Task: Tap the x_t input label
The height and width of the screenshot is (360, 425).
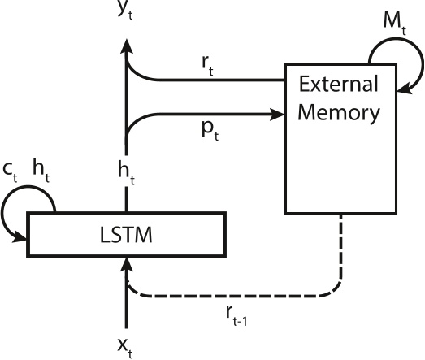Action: pos(124,346)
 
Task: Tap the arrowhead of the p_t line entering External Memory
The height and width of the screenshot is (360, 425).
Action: pos(278,113)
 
